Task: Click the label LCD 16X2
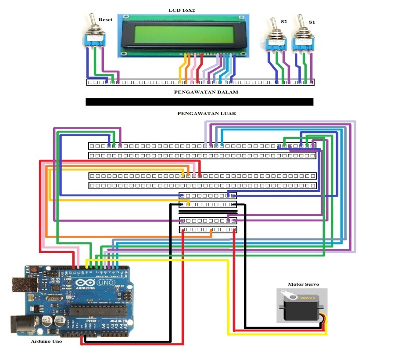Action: (182, 10)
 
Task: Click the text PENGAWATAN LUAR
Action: (207, 113)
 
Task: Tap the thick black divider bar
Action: (199, 102)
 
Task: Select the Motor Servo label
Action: (303, 284)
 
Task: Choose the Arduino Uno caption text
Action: (46, 341)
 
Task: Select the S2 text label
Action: (284, 21)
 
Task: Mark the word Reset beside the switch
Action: (105, 20)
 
